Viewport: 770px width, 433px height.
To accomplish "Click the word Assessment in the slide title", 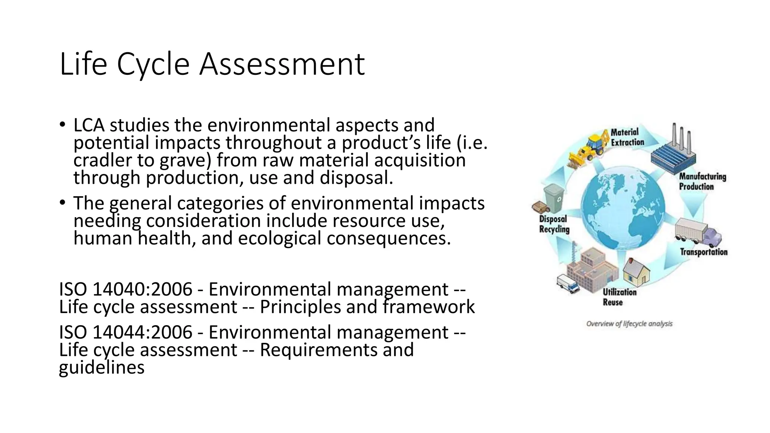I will [x=282, y=64].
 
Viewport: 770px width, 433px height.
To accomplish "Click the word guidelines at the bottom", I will [x=102, y=367].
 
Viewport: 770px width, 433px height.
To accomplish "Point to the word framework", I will [x=429, y=307].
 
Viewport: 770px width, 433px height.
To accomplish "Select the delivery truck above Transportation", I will [x=698, y=233].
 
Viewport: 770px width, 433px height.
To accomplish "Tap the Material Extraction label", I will [x=627, y=137].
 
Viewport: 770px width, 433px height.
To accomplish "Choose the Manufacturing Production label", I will [x=702, y=182].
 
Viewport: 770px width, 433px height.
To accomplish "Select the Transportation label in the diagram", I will [x=703, y=252].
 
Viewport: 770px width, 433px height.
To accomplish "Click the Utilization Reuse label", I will [x=619, y=297].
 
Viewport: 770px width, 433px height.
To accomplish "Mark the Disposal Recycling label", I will [x=554, y=224].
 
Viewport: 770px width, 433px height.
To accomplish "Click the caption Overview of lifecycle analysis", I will [x=629, y=324].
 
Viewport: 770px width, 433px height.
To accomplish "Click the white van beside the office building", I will [x=567, y=284].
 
